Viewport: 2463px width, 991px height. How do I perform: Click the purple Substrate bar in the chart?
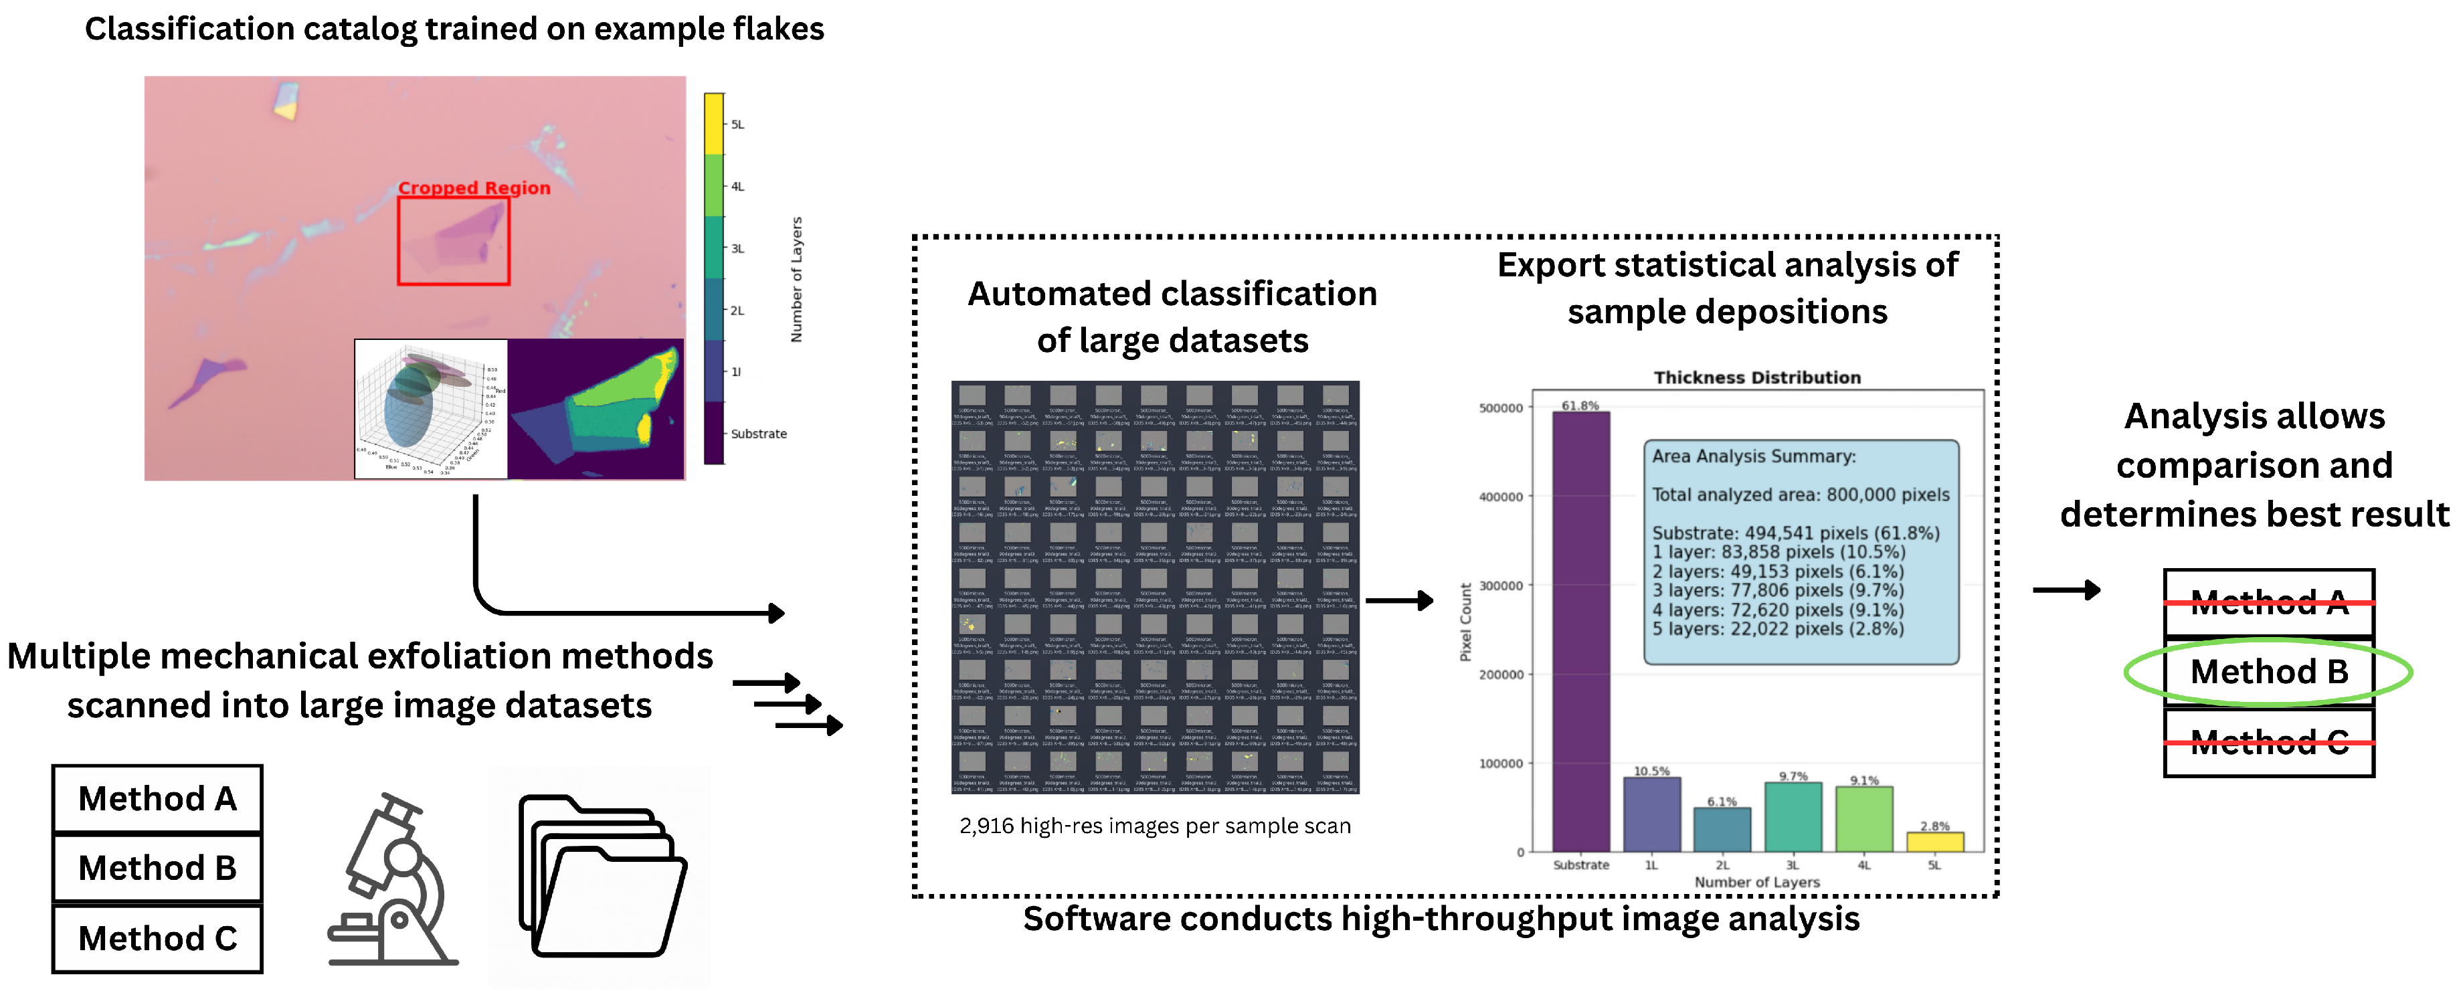(1580, 631)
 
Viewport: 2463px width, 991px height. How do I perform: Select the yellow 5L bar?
(1934, 842)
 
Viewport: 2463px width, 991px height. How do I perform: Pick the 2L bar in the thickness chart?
(1722, 829)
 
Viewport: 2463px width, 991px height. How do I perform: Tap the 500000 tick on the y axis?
(1500, 408)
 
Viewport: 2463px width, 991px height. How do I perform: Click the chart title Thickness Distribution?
(1756, 378)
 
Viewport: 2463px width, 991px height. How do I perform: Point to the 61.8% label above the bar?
(1580, 406)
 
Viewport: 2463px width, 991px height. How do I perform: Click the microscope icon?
(393, 880)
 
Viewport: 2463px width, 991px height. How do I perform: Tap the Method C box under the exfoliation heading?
(158, 938)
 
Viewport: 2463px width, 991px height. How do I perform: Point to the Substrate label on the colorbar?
(758, 434)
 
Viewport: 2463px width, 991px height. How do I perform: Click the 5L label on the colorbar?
(737, 124)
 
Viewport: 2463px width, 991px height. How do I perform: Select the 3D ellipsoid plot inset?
(430, 408)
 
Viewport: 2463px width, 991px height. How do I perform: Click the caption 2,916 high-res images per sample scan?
(1155, 826)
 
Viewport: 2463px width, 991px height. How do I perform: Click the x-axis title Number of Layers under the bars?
(1756, 882)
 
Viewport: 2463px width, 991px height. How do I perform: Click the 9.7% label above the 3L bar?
(1793, 776)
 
